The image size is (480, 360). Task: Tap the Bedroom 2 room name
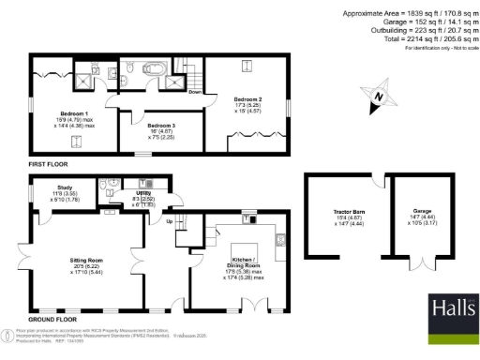247,98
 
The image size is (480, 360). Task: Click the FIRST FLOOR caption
49,163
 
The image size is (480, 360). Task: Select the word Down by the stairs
195,92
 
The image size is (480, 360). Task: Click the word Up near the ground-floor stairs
170,222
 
